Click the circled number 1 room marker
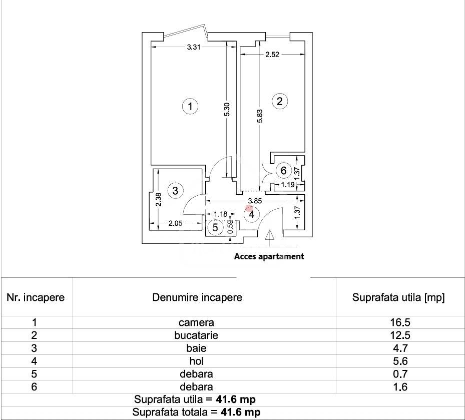point(190,106)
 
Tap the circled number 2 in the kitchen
point(279,101)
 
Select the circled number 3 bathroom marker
point(175,190)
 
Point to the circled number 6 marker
point(283,171)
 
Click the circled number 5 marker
point(215,227)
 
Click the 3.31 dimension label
point(194,47)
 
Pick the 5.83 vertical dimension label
point(260,116)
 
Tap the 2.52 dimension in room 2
point(272,54)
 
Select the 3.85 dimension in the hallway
point(255,201)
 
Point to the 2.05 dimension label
point(175,223)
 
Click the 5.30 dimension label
point(227,109)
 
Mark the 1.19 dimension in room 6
point(288,185)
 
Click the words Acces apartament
point(269,256)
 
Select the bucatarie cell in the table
point(196,335)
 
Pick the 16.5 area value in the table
point(400,322)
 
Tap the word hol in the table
point(196,361)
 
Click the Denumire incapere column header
point(197,297)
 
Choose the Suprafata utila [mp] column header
point(398,297)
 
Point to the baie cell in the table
point(196,348)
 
